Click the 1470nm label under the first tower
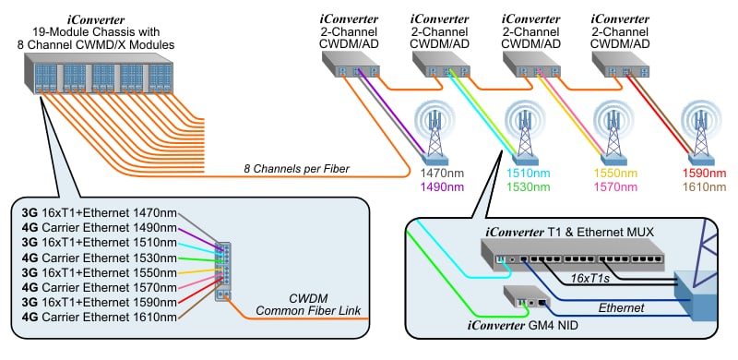tap(440, 173)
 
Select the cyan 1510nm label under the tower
tap(529, 173)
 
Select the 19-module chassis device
tap(97, 74)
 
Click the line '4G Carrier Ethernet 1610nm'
tap(99, 318)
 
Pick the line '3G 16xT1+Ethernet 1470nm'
tap(99, 214)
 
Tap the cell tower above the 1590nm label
tap(699, 129)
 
